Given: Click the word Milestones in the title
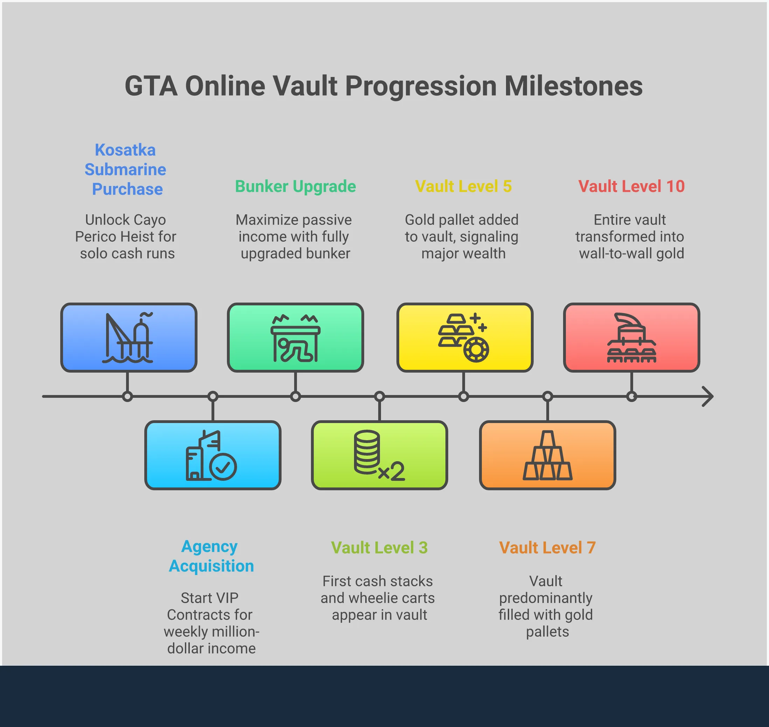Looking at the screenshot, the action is click(573, 86).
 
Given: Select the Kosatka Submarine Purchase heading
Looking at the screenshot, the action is click(126, 169).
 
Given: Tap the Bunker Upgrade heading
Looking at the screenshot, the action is click(295, 186).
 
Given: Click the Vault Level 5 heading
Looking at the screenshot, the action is click(463, 186).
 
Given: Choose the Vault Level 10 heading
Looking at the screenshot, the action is click(631, 186).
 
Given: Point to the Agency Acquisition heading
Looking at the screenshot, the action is click(211, 556).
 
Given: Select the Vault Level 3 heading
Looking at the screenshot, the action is click(379, 548).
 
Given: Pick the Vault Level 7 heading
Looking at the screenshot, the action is click(547, 548).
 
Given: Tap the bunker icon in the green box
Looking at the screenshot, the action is click(295, 338).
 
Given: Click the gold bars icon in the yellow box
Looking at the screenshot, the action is click(464, 338).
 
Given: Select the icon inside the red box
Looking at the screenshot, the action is click(631, 338).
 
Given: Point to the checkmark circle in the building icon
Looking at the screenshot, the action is click(223, 466).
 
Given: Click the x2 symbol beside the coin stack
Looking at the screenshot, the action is click(392, 472).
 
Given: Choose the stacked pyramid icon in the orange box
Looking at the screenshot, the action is click(547, 455).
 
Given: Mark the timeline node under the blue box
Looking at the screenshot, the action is click(127, 396).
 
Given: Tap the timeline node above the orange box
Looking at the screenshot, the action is click(547, 396).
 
